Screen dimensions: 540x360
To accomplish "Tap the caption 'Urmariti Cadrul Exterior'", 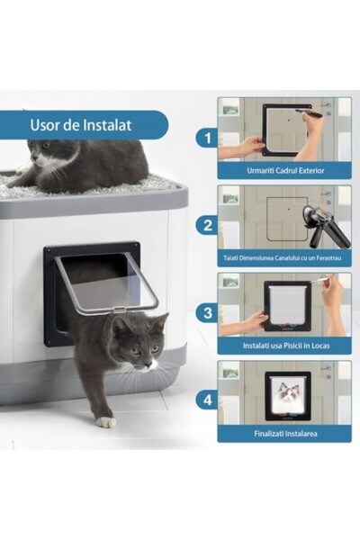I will click(x=284, y=170).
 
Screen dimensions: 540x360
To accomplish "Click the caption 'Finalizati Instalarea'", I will click(x=284, y=434).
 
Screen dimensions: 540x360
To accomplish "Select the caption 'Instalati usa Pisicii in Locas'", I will click(x=284, y=346).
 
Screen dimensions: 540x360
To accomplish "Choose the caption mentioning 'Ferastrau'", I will click(x=284, y=258).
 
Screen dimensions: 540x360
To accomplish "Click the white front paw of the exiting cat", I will click(x=106, y=421).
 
